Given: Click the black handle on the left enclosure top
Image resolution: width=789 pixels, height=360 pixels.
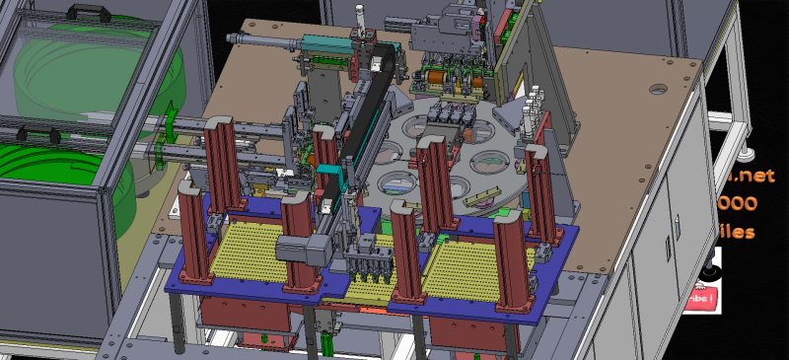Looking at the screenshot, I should click(80, 11).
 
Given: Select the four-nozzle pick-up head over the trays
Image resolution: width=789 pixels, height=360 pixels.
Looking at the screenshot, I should click(370, 264).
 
